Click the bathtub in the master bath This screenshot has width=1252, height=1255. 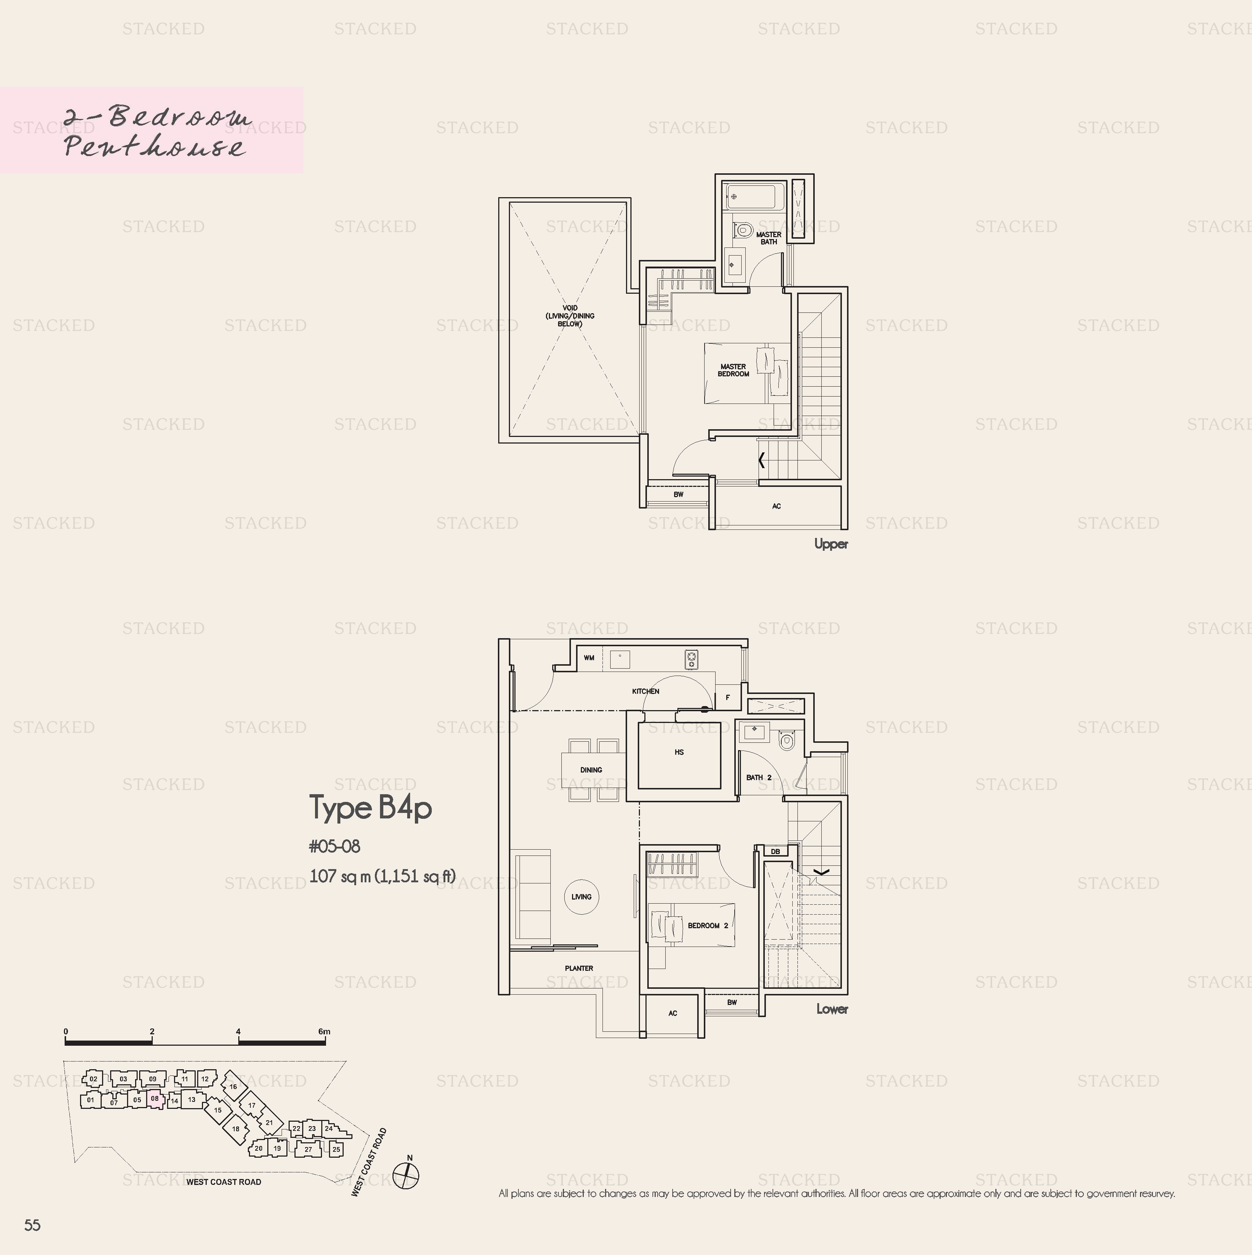pyautogui.click(x=754, y=196)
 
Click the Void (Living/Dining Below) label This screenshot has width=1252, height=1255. pyautogui.click(x=570, y=316)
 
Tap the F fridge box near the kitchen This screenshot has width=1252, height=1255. pyautogui.click(x=728, y=697)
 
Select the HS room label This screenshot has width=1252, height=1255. pyautogui.click(x=679, y=752)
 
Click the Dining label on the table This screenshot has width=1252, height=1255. pyautogui.click(x=591, y=770)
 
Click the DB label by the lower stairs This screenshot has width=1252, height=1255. pyautogui.click(x=775, y=851)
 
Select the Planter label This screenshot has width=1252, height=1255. pyautogui.click(x=579, y=968)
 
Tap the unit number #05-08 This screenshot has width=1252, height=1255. pyautogui.click(x=334, y=846)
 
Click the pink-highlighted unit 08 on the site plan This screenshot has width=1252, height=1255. pyautogui.click(x=155, y=1099)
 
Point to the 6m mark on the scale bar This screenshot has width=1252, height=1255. pyautogui.click(x=324, y=1031)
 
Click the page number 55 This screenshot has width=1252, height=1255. pyautogui.click(x=32, y=1225)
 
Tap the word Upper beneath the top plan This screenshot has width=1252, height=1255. pyautogui.click(x=831, y=545)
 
